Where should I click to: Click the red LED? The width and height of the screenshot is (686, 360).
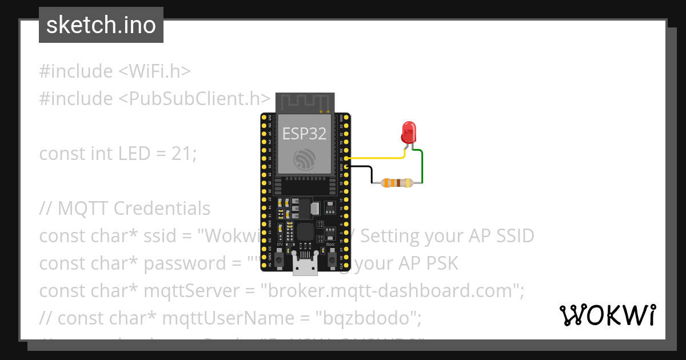[x=408, y=133]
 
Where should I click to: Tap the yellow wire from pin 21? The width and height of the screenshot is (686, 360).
[x=377, y=157]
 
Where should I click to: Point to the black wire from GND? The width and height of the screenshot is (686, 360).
[x=370, y=171]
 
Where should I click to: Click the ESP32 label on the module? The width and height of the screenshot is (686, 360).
[x=304, y=134]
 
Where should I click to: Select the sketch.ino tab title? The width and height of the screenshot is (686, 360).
[x=101, y=25]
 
